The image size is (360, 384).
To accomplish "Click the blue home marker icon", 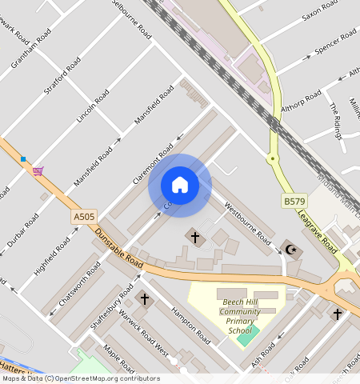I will pyautogui.click(x=180, y=186).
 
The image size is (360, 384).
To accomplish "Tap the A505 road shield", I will pyautogui.click(x=83, y=216).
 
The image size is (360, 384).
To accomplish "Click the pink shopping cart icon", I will pyautogui.click(x=38, y=170).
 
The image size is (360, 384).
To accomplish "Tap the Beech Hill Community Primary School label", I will pyautogui.click(x=241, y=313).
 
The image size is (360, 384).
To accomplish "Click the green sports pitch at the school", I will pyautogui.click(x=243, y=337).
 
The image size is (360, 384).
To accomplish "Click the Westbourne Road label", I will pyautogui.click(x=247, y=222).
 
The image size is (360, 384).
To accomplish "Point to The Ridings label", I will pyautogui.click(x=336, y=118).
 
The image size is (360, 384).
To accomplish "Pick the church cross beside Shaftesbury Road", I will pyautogui.click(x=145, y=299).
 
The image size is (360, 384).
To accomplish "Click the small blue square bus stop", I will pyautogui.click(x=24, y=159).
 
